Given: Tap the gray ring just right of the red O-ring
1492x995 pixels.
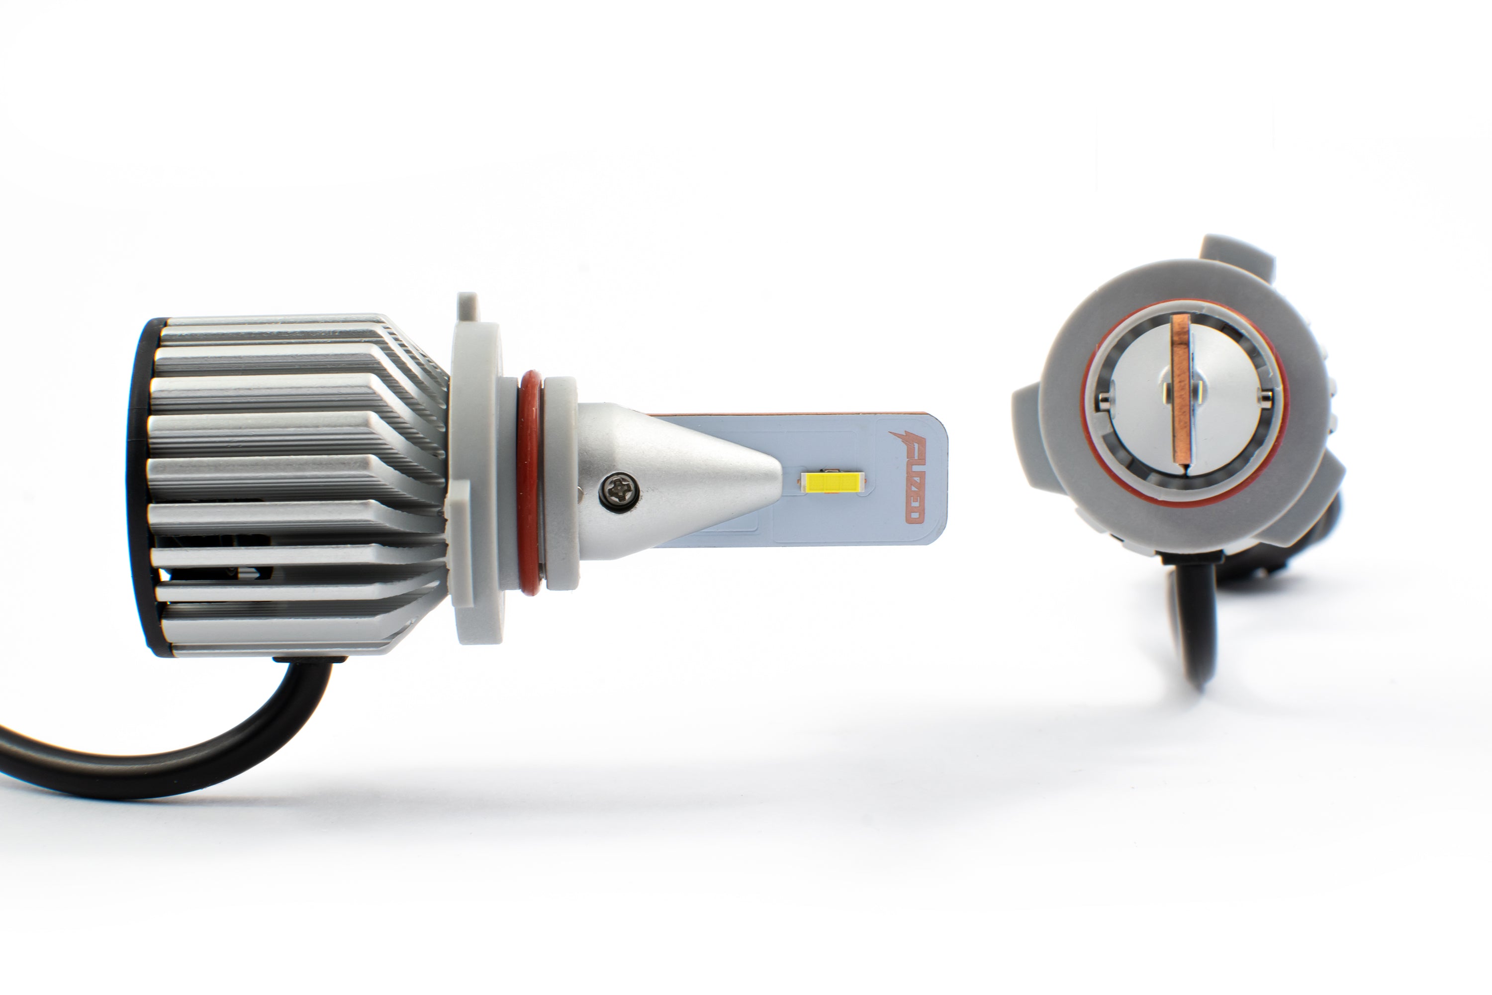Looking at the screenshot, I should [x=561, y=482].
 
